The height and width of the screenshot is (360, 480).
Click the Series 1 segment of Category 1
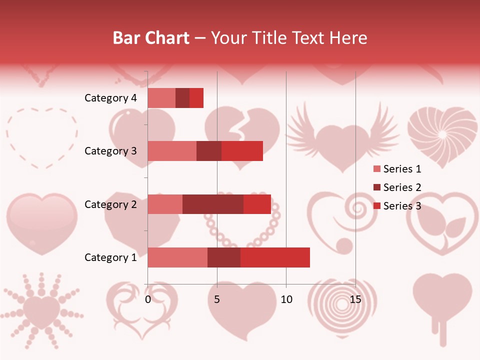(x=177, y=257)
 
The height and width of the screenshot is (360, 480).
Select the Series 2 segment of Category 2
(x=213, y=204)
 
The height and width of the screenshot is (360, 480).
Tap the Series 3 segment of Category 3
(x=242, y=151)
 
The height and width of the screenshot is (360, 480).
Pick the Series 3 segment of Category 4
(x=196, y=98)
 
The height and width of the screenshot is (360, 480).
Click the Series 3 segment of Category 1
(x=275, y=257)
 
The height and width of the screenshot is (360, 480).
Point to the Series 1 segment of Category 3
(x=172, y=151)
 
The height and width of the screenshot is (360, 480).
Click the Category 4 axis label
(x=110, y=98)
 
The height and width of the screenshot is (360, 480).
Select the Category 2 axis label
(x=110, y=204)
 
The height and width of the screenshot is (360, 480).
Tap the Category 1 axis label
(x=110, y=257)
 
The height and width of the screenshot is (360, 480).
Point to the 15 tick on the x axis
(x=355, y=300)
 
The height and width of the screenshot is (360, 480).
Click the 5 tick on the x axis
(x=217, y=300)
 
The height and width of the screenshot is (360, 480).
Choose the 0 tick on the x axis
(x=148, y=300)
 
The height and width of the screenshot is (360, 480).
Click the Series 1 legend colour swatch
(x=376, y=169)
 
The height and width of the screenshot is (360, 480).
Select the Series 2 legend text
(x=402, y=187)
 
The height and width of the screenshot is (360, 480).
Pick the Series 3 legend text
(x=402, y=206)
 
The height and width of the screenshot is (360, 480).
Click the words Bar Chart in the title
(x=151, y=38)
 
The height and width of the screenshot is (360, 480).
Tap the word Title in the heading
(x=270, y=38)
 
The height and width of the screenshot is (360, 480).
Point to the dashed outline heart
(x=42, y=136)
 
